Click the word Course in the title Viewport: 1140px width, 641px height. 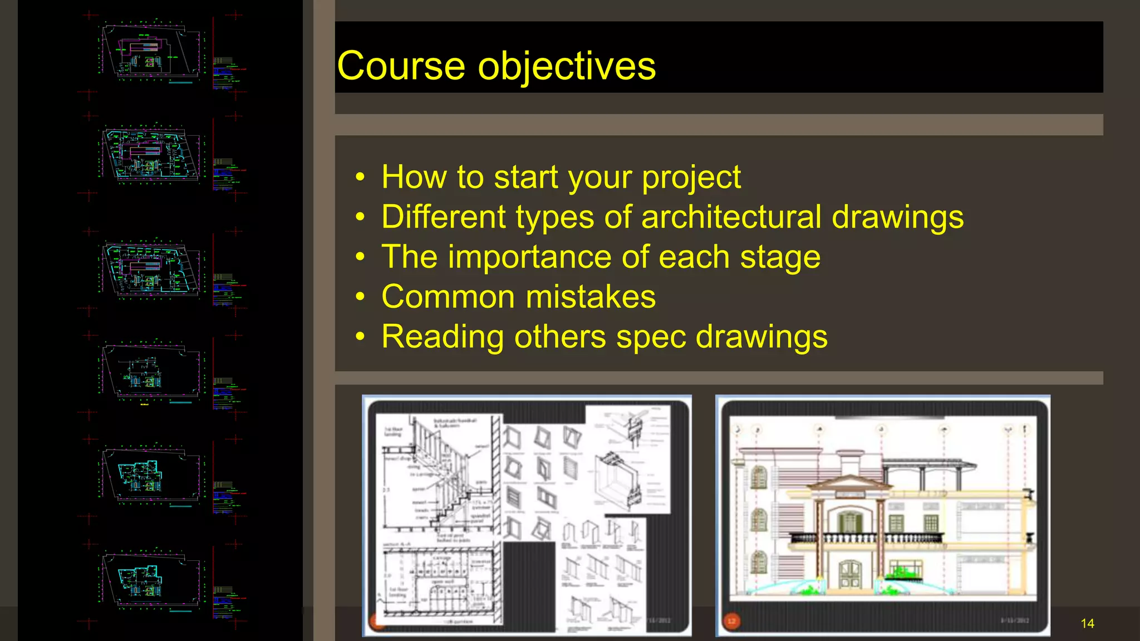click(401, 66)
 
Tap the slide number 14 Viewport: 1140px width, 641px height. click(1087, 624)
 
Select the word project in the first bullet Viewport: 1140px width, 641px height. click(691, 178)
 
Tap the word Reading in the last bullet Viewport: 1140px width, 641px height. click(443, 337)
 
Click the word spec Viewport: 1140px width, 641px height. click(651, 338)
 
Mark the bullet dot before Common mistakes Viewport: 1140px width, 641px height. click(361, 297)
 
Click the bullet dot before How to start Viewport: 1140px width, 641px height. click(361, 177)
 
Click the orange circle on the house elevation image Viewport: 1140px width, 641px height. click(731, 621)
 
